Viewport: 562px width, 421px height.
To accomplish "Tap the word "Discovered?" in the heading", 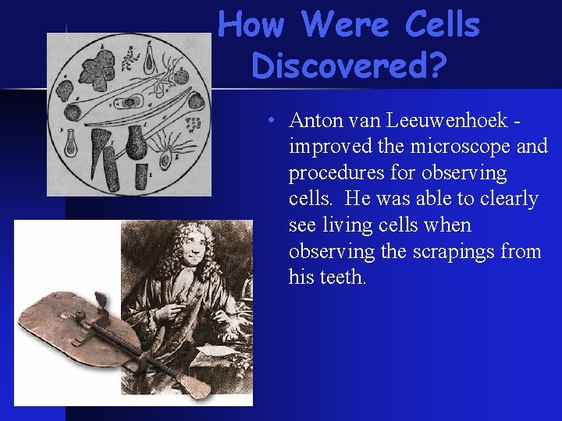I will pos(350,66).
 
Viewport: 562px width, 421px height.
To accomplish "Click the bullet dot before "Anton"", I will pos(269,122).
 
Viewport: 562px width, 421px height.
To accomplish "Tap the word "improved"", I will pos(326,147).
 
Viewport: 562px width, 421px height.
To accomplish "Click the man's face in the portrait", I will pos(190,253).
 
